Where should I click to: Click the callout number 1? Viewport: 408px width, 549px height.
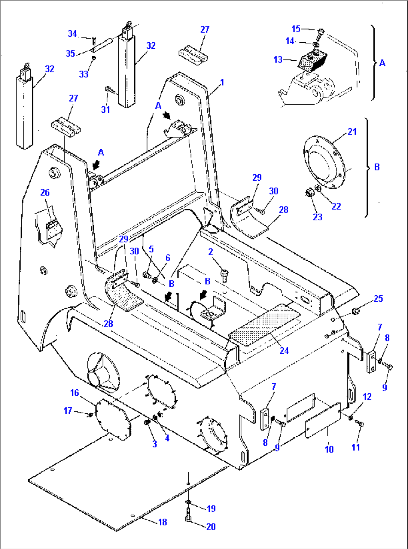click(222, 82)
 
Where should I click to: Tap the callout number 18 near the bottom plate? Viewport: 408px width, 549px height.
click(162, 522)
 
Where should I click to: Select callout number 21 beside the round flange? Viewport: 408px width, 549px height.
click(352, 132)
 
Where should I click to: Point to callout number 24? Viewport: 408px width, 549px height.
click(284, 350)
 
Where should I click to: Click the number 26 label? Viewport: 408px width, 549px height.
click(45, 192)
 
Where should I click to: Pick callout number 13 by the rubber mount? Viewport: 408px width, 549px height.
click(278, 59)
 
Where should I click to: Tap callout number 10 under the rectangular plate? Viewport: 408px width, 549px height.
click(329, 449)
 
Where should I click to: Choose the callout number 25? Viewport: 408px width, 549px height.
click(378, 298)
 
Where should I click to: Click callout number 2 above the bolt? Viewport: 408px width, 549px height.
click(211, 252)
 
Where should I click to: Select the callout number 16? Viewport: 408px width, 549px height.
click(74, 392)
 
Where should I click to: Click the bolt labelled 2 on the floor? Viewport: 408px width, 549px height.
click(225, 276)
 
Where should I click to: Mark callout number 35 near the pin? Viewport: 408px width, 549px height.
click(70, 53)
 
